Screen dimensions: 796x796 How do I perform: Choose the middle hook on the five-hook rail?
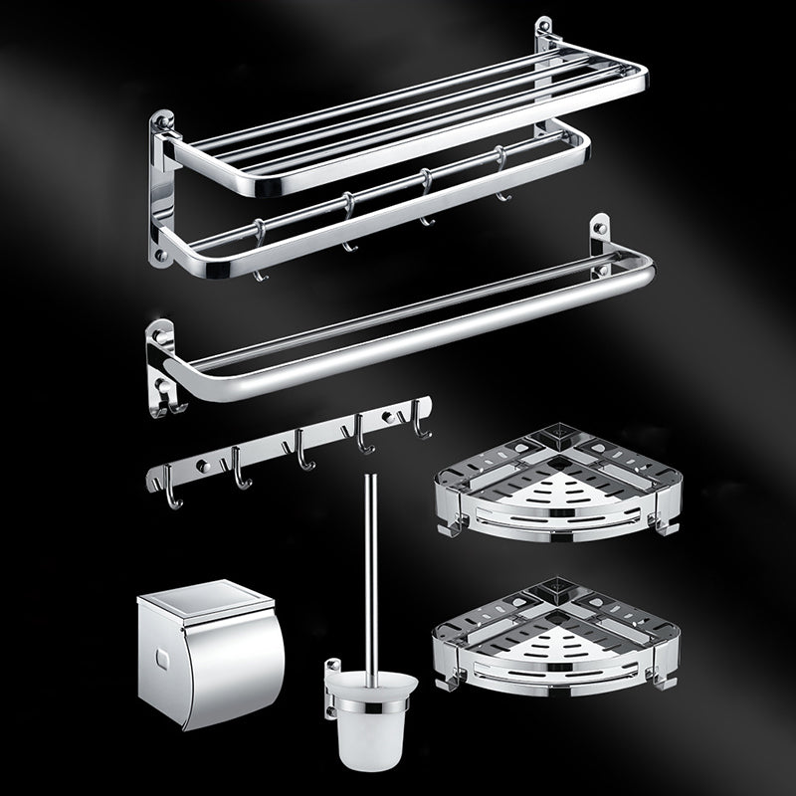click(301, 459)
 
